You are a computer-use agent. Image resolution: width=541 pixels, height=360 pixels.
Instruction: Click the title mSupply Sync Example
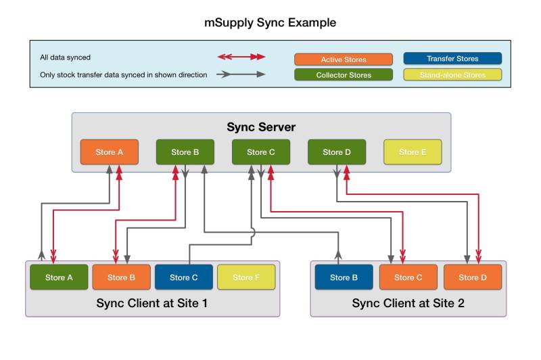click(x=270, y=22)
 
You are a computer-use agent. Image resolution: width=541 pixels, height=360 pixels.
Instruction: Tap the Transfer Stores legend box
click(x=452, y=59)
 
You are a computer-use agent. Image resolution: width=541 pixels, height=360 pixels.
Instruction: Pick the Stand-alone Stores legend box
click(x=452, y=75)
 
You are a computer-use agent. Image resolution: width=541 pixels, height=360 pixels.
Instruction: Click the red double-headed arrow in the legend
click(x=241, y=58)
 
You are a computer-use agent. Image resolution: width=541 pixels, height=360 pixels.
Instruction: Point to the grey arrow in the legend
click(x=241, y=74)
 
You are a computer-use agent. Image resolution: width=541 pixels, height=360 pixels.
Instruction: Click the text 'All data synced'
click(x=66, y=58)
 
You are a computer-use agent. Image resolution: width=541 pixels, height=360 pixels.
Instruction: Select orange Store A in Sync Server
click(x=110, y=152)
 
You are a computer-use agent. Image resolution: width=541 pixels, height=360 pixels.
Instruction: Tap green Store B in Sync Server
click(x=185, y=152)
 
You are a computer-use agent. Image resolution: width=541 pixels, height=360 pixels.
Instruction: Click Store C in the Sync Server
click(x=261, y=152)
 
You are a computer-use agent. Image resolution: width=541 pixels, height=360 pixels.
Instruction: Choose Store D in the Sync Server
click(x=337, y=152)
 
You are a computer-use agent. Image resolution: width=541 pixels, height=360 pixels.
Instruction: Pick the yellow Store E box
click(x=413, y=152)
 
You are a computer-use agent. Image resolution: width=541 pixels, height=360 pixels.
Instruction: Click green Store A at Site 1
click(x=59, y=277)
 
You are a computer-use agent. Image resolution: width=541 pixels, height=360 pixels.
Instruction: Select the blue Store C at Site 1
click(x=184, y=277)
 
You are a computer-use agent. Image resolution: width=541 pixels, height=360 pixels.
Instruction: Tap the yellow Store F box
click(x=246, y=277)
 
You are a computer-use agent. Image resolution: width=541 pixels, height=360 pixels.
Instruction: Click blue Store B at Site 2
click(x=344, y=277)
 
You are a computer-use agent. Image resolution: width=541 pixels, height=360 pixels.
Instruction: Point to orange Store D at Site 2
click(x=473, y=277)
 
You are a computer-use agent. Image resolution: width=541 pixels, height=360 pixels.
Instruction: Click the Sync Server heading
click(x=261, y=127)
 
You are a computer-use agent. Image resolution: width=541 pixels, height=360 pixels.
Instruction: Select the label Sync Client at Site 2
click(x=408, y=303)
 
